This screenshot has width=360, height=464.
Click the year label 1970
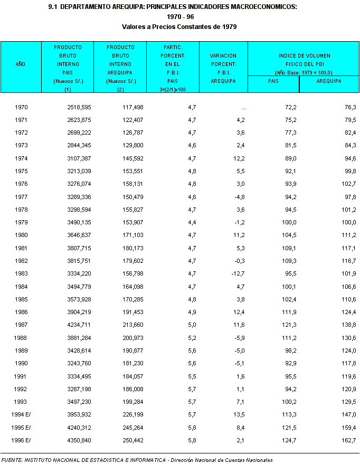[x=22, y=107]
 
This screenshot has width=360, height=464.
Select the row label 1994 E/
[x=21, y=414]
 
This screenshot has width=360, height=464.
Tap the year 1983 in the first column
[x=22, y=273]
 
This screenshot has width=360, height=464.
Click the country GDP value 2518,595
[x=79, y=107]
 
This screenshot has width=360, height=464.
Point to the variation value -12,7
[x=237, y=273]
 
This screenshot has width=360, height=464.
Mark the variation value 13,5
[x=239, y=414]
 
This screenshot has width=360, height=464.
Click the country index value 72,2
[x=290, y=107]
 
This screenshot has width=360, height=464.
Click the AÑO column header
[x=21, y=64]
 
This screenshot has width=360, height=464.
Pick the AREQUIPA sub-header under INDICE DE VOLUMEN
[x=328, y=81]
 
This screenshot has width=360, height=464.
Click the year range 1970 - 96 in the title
[x=179, y=16]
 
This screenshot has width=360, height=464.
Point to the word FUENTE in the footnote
[x=12, y=460]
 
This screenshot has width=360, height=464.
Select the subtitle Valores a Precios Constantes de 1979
[x=179, y=26]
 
